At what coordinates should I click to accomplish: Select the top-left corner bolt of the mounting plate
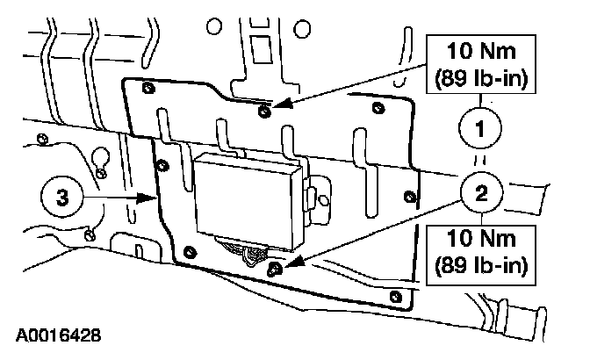pyautogui.click(x=146, y=87)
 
